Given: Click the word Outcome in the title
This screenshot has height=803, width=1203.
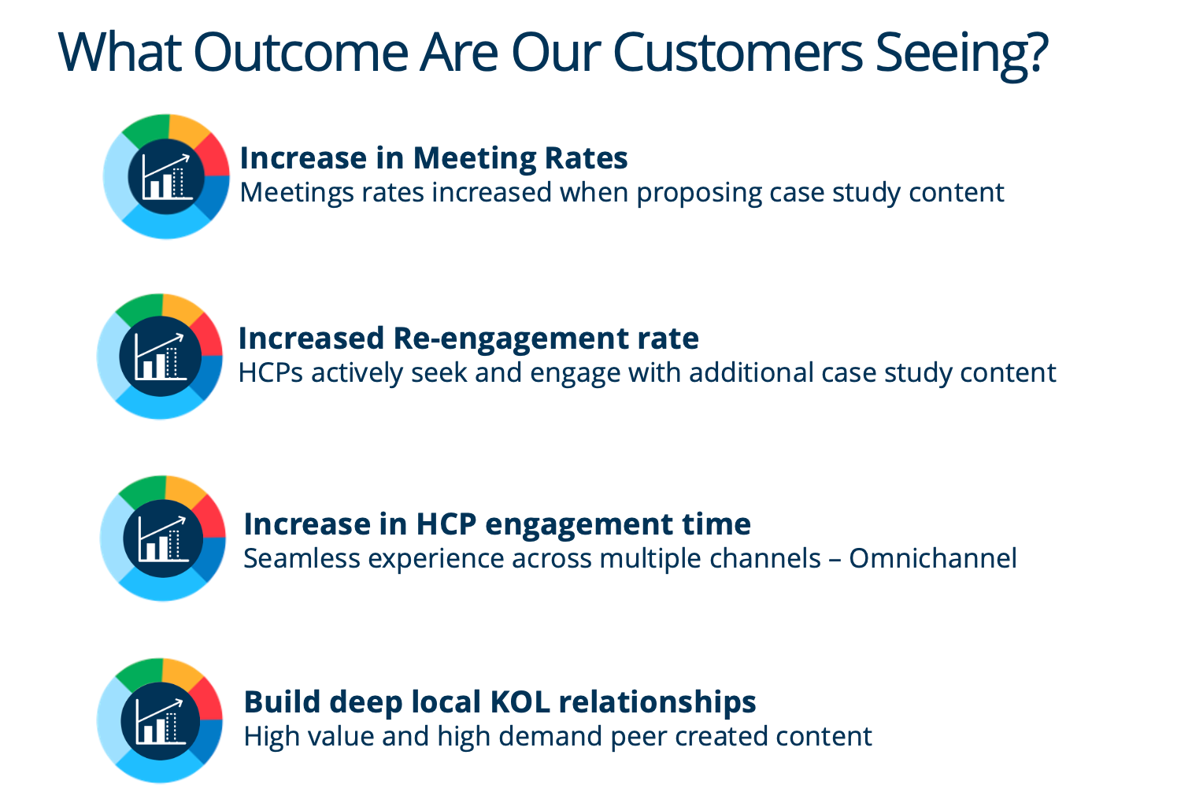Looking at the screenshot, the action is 301,52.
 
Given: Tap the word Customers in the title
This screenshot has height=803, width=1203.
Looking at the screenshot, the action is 738,52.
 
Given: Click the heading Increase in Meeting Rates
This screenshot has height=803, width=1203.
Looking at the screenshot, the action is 433,158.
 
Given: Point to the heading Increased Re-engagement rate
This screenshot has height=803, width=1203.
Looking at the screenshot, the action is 468,339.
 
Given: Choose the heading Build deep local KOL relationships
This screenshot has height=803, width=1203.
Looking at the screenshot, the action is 499,702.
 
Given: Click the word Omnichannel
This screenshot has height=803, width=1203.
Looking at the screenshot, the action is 933,558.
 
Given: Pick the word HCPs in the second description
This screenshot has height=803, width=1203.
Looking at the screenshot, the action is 271,372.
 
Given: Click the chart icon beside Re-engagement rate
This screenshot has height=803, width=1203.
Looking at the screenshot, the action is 160,356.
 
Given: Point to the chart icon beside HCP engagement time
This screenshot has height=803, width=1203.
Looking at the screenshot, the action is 163,538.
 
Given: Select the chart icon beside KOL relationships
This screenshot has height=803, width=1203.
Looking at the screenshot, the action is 160,721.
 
